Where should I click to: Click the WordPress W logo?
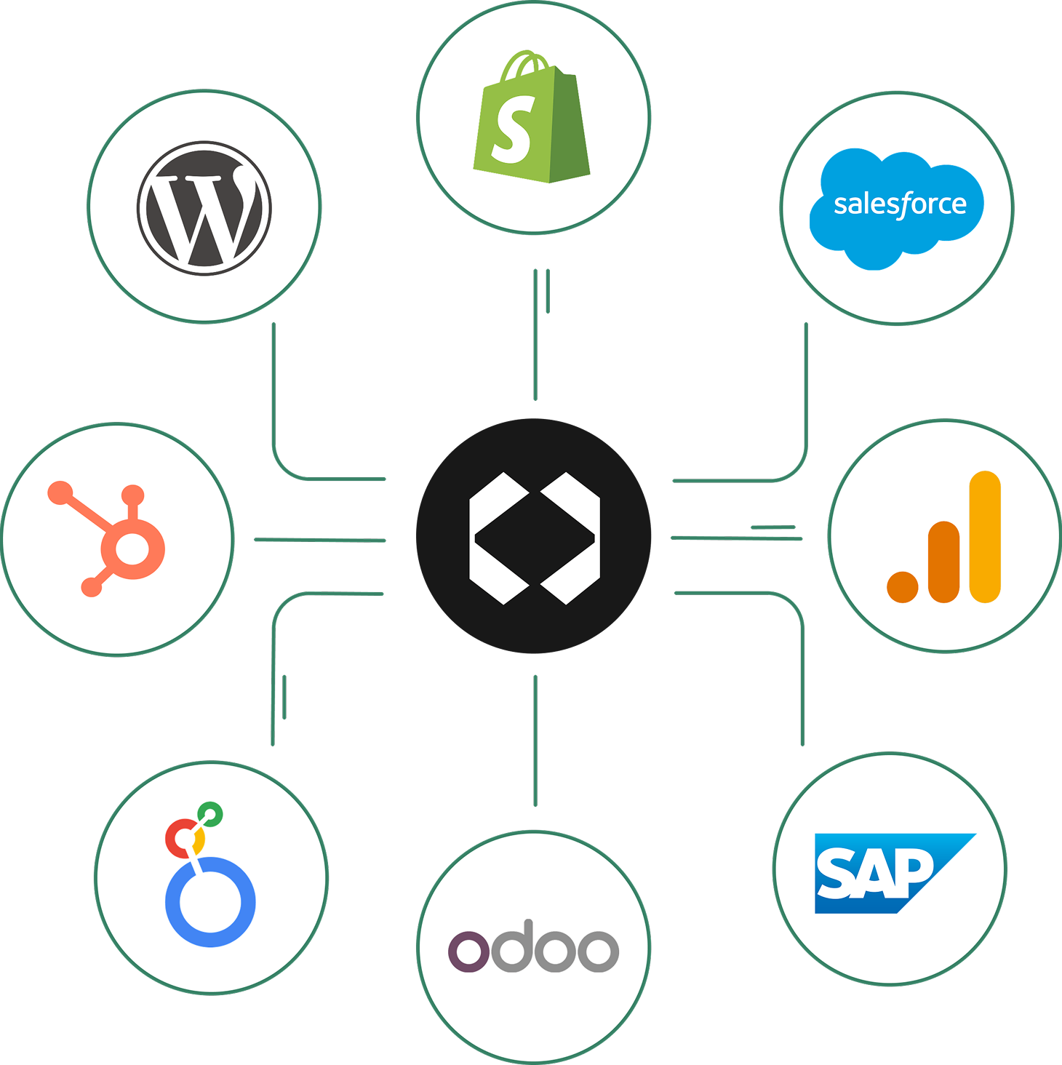204,208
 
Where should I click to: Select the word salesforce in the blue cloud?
900,205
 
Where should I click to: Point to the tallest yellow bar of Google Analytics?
986,537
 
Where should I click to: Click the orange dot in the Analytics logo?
903,586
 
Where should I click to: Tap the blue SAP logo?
887,873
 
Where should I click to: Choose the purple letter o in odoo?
468,950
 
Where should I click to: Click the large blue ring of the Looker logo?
210,902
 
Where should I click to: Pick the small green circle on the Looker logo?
211,813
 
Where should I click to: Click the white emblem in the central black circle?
535,538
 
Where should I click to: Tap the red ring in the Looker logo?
179,838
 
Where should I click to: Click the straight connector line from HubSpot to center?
320,540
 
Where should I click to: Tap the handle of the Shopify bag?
524,64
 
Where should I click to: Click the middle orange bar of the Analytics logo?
944,562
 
